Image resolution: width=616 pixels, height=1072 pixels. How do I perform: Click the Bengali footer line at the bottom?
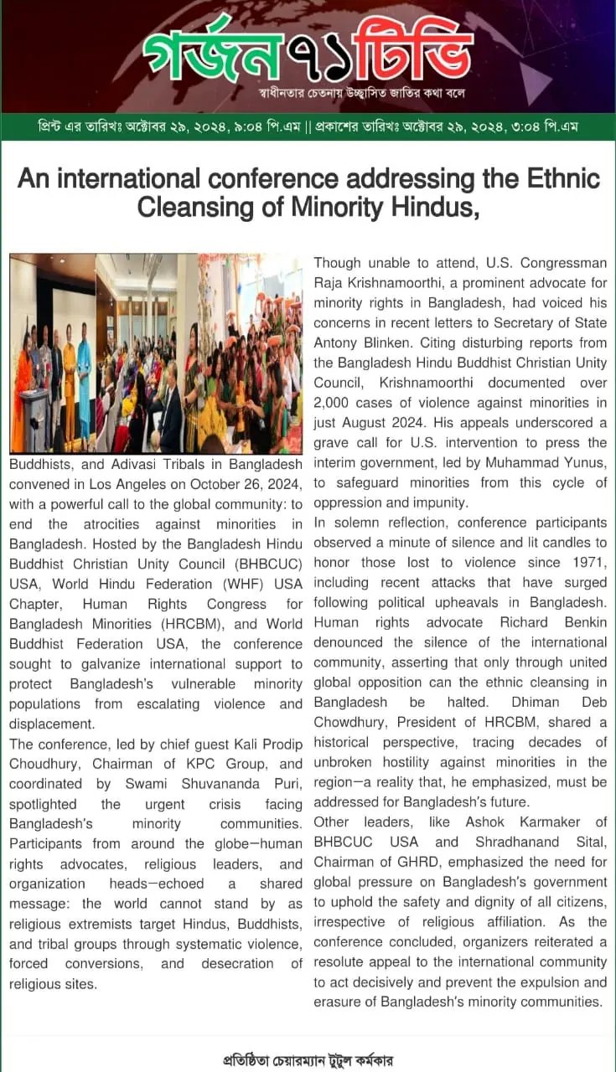pos(308,1059)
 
